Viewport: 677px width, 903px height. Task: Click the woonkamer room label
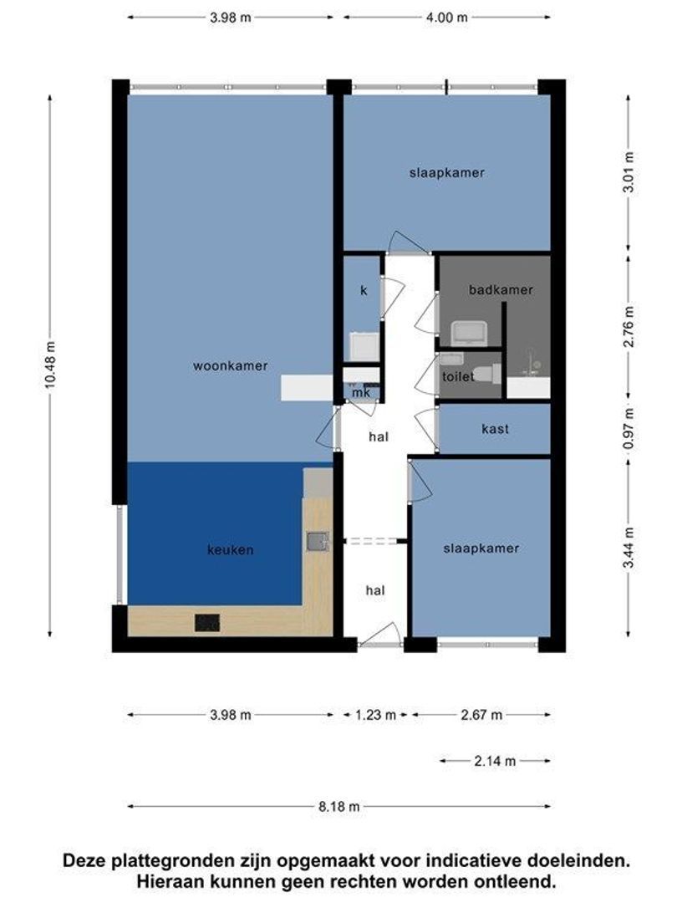(231, 365)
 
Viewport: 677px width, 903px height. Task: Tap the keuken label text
(231, 550)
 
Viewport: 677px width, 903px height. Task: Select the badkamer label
(501, 289)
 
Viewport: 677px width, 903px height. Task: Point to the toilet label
(458, 376)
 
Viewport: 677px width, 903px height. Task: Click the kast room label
(495, 429)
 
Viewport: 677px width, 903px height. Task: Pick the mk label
(361, 392)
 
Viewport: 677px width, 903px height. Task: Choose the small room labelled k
(364, 290)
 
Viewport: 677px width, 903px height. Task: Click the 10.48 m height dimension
(51, 365)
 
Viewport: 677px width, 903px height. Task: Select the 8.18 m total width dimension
(339, 806)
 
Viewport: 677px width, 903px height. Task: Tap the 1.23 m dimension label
(375, 715)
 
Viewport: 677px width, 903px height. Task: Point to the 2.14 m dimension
(495, 761)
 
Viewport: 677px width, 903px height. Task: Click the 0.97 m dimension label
(629, 429)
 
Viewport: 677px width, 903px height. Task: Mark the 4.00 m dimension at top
(446, 18)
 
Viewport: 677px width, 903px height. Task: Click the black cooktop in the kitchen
(207, 623)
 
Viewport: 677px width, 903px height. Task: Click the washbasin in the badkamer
(469, 333)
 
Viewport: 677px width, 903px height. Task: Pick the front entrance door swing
(380, 635)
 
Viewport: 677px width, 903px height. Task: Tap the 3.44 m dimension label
(629, 548)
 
